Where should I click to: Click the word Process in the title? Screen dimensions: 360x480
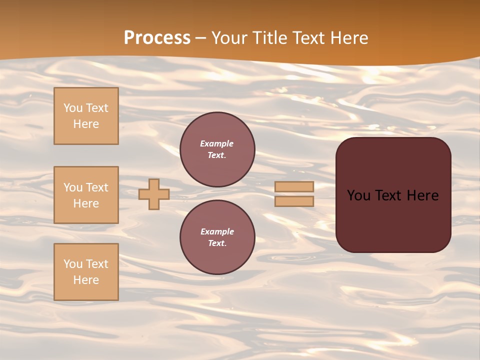tap(157, 38)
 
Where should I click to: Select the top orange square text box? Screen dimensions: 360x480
tap(86, 116)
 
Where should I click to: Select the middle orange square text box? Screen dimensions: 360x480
tap(86, 195)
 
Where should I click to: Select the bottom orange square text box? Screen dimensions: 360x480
tap(86, 272)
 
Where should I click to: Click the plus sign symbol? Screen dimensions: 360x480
tap(154, 194)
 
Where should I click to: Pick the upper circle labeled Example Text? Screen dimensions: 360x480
tap(217, 149)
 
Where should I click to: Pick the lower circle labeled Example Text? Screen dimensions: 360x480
tap(217, 237)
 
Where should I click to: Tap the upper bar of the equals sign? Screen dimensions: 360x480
tap(294, 186)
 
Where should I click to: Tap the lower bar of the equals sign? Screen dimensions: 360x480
tap(294, 201)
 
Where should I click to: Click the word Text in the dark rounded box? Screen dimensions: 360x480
tap(390, 195)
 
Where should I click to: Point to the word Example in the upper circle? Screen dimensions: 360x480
tap(216, 143)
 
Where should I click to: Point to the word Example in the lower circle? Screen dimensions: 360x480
tap(217, 231)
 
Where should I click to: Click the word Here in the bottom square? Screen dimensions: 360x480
tap(86, 280)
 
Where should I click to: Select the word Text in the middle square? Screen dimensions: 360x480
tap(96, 187)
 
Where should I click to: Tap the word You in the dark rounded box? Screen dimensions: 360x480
tap(358, 195)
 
